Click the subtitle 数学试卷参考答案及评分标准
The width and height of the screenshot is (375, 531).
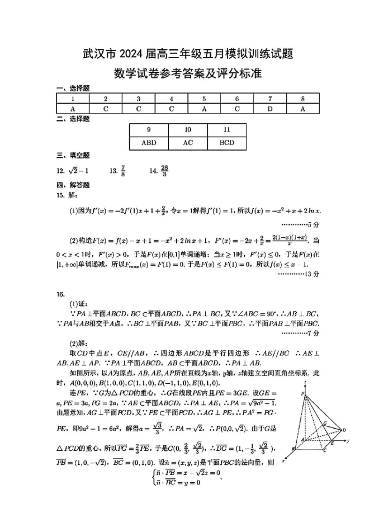[187, 74]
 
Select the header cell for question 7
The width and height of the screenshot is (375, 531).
[270, 99]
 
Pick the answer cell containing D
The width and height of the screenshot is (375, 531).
[270, 109]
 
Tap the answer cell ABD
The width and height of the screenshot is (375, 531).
[149, 143]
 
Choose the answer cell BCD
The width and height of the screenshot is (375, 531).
[227, 143]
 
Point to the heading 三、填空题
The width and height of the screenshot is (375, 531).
[73, 155]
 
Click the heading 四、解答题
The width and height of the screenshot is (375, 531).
[73, 185]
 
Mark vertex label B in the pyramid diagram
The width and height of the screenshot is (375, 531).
[293, 449]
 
